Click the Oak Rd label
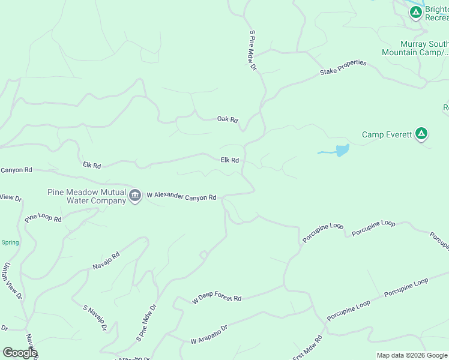click(228, 119)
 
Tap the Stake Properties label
click(343, 68)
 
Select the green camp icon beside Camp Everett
click(421, 134)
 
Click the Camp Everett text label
click(387, 134)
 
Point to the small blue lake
click(341, 150)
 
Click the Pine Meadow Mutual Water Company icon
click(135, 196)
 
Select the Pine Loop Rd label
click(43, 217)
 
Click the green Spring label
click(10, 242)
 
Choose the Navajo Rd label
click(106, 260)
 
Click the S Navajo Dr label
click(95, 318)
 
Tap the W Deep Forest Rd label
click(216, 299)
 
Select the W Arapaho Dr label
click(209, 335)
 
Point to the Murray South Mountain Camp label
click(415, 48)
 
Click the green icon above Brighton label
click(415, 11)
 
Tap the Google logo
click(19, 352)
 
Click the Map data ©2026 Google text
click(412, 355)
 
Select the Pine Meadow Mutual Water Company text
click(87, 196)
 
